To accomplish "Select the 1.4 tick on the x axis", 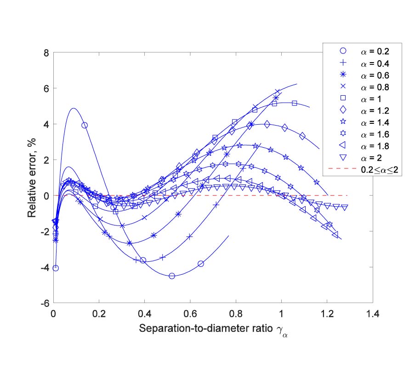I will tap(373, 314).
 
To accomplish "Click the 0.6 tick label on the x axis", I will tap(190, 314).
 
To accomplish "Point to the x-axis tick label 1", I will tap(281, 314).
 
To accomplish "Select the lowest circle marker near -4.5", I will tap(172, 276).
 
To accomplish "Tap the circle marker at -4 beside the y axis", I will tap(56, 268).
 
